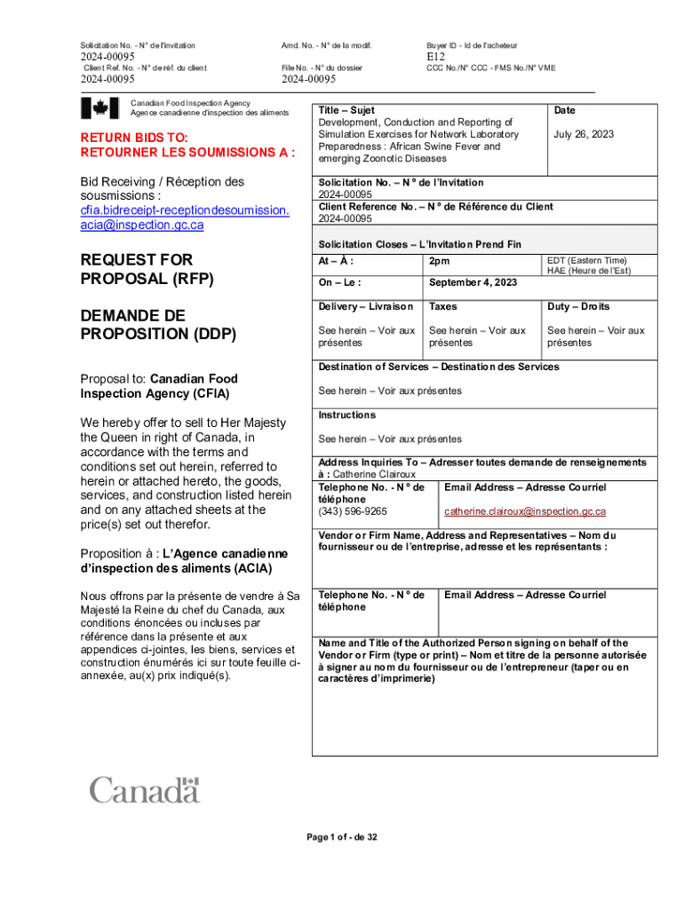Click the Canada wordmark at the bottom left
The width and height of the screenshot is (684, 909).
coord(144,789)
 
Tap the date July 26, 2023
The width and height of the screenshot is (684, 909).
coord(584,134)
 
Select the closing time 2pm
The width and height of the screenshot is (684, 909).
coord(439,261)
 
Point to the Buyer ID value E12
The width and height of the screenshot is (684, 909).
coord(435,58)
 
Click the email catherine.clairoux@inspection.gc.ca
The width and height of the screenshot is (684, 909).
coord(525,511)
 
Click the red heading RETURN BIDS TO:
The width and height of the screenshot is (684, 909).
coord(134,138)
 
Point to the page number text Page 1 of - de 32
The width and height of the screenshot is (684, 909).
coord(342,837)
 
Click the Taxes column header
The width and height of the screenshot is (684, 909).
coord(442,306)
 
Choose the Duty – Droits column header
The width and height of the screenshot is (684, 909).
coord(578,306)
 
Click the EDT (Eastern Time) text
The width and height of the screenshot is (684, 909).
coord(586,261)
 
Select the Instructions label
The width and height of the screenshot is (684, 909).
coord(347,415)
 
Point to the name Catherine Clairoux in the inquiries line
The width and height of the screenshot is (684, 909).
coord(366,474)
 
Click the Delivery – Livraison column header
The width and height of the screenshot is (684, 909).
coord(365,306)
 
